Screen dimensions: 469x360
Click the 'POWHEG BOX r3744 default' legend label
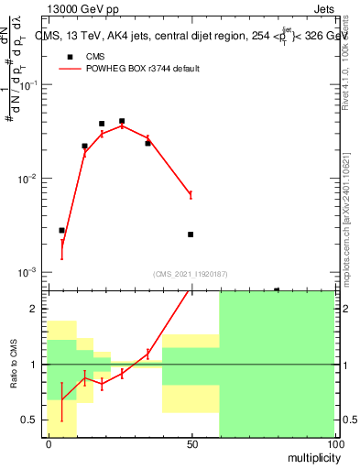143,69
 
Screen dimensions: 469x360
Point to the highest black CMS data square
122,121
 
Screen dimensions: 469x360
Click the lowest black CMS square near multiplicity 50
191,234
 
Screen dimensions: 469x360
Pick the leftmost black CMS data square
61,231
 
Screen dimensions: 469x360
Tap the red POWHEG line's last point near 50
191,194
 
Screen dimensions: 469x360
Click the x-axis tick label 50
191,444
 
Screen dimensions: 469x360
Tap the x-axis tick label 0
49,444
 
